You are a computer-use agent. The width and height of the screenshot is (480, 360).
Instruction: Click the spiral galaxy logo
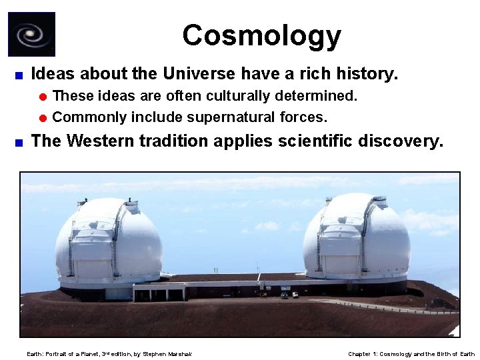tap(31, 35)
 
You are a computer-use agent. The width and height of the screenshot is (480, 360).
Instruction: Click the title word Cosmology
tap(261, 36)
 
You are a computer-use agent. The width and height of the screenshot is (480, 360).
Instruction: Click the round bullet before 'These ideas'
tap(43, 97)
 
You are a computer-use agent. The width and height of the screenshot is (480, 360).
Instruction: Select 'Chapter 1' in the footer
tap(363, 354)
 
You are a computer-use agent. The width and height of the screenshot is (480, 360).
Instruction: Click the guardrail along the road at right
tap(393, 307)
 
